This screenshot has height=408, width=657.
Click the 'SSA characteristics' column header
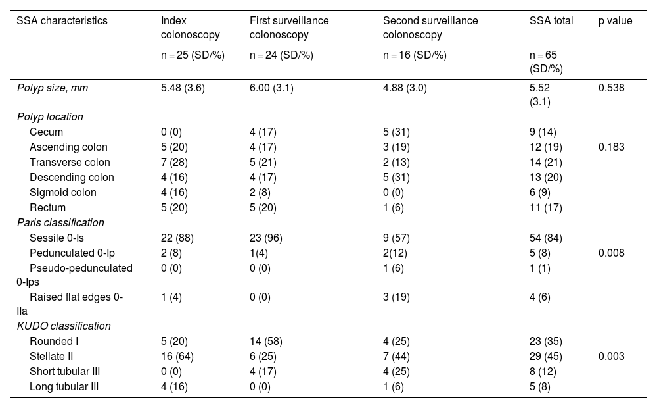pyautogui.click(x=62, y=20)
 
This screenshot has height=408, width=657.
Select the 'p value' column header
pyautogui.click(x=615, y=20)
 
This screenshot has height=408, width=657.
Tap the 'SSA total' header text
pyautogui.click(x=551, y=20)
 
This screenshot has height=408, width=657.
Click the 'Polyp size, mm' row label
pyautogui.click(x=53, y=88)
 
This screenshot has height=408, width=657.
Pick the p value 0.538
pyautogui.click(x=611, y=88)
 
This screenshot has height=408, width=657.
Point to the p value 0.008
pyautogui.click(x=611, y=253)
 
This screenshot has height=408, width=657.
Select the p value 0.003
pyautogui.click(x=611, y=356)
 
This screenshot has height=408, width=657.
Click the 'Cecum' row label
pyautogui.click(x=46, y=132)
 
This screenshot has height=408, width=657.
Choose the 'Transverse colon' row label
pyautogui.click(x=70, y=162)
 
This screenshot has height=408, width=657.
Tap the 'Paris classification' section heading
pyautogui.click(x=60, y=222)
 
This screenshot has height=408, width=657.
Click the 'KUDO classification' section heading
pyautogui.click(x=64, y=326)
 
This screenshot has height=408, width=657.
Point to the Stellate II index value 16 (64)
pyautogui.click(x=177, y=357)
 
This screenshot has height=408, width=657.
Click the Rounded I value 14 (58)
pyautogui.click(x=266, y=342)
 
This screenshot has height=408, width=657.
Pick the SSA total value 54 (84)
pyautogui.click(x=545, y=238)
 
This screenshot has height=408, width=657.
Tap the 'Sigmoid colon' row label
pyautogui.click(x=63, y=192)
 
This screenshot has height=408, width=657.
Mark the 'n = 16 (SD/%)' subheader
pyautogui.click(x=415, y=55)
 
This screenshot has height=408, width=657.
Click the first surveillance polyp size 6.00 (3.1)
pyautogui.click(x=271, y=88)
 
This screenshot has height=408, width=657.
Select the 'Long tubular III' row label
pyautogui.click(x=64, y=386)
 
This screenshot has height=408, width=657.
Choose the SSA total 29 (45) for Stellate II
pyautogui.click(x=545, y=357)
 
